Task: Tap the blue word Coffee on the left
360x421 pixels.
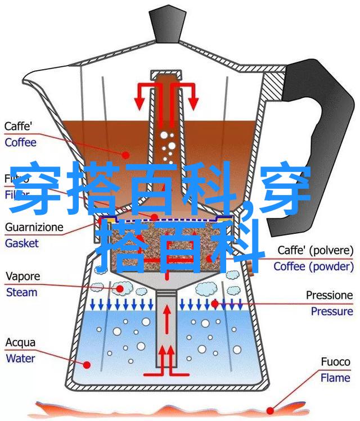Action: pos(20,142)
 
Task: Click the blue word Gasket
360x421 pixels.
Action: pos(21,243)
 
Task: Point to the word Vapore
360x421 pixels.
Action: pos(22,277)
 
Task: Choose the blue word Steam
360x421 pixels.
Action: pos(21,292)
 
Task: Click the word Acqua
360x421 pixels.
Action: pos(20,342)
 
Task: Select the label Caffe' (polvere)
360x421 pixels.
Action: pos(316,251)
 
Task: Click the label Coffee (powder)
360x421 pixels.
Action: pos(313,266)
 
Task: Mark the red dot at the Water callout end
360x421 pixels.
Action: pos(87,364)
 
